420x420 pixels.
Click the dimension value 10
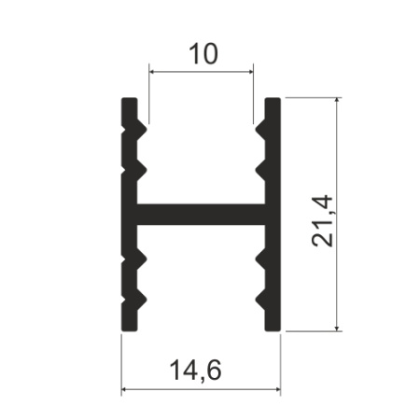[201, 53]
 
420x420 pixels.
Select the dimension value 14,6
[201, 371]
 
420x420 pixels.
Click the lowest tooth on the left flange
[144, 301]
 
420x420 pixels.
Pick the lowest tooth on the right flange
[259, 301]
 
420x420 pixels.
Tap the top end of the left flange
[130, 99]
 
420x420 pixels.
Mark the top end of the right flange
[273, 99]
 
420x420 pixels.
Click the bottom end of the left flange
[130, 328]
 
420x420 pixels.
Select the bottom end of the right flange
[273, 328]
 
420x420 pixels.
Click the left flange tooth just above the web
[144, 170]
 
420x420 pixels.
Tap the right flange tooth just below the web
[259, 257]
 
